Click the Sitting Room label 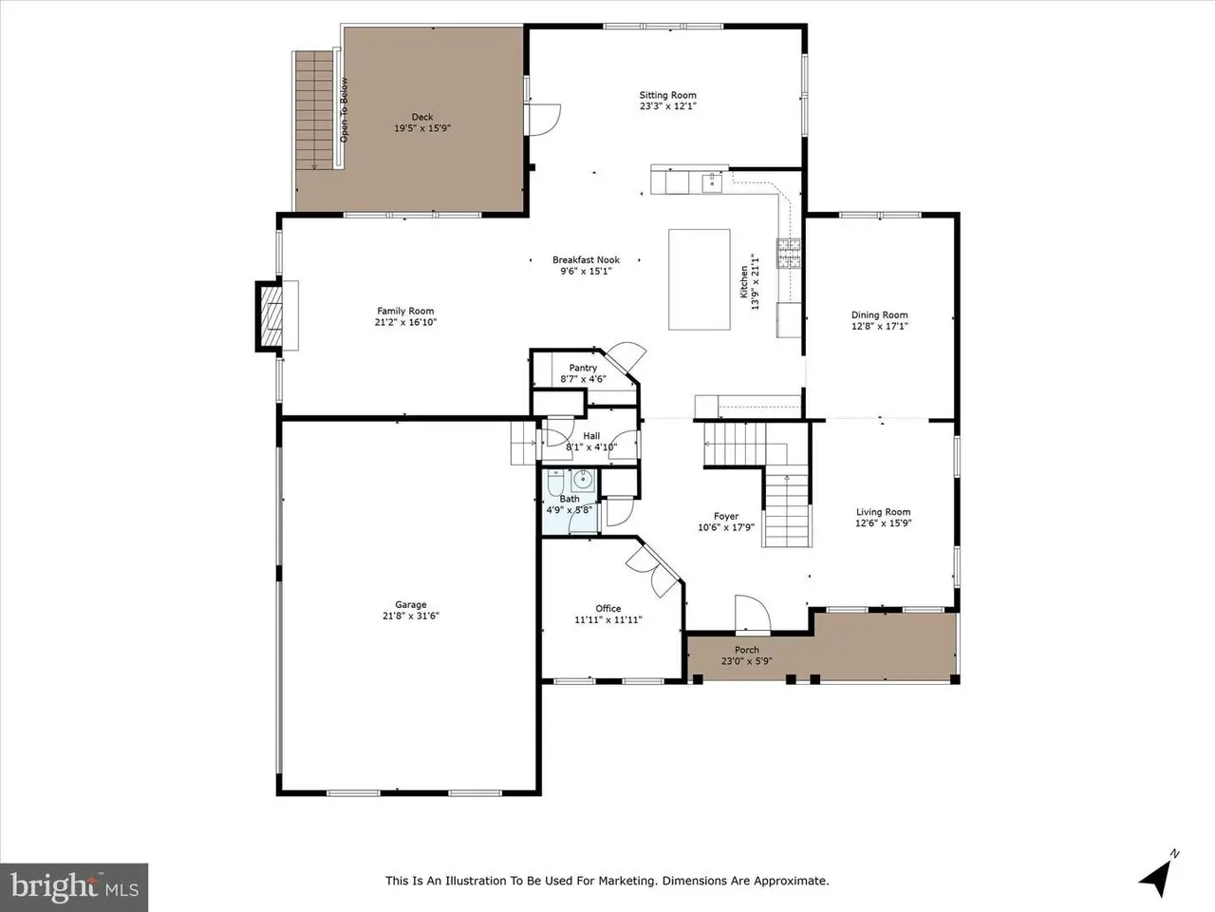[667, 95]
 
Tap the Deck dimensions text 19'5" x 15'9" [422, 128]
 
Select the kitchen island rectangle [700, 279]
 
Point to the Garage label [411, 605]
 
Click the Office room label [608, 609]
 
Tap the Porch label [747, 650]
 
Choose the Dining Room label [880, 315]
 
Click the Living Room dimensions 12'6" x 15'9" [884, 523]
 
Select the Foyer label [726, 516]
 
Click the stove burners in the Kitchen [789, 253]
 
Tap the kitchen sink [712, 182]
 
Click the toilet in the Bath [555, 482]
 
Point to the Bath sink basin [582, 480]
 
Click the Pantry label [583, 368]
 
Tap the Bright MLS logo [74, 887]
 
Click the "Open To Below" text [344, 109]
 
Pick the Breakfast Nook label [587, 259]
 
